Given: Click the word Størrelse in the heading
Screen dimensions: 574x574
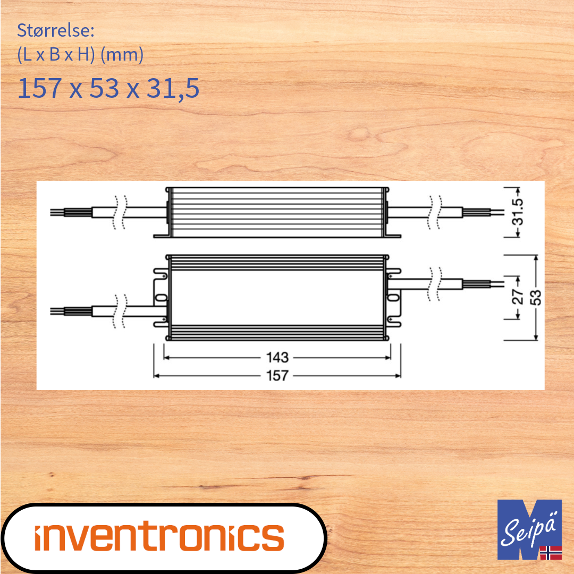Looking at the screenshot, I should click(x=55, y=30).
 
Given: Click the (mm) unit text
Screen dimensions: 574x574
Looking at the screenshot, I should click(x=122, y=55).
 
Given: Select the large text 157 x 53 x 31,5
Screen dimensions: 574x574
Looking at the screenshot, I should click(x=108, y=88).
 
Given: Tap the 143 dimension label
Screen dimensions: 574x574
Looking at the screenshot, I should click(x=277, y=358).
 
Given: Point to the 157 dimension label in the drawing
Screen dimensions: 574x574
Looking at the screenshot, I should click(x=277, y=375).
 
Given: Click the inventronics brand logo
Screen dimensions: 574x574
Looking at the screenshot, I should click(x=159, y=537).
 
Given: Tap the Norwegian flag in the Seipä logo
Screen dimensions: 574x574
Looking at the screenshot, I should click(x=551, y=552).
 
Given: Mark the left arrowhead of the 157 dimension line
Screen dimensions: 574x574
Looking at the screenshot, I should click(x=156, y=375).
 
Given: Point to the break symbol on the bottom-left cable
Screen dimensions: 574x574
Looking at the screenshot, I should click(x=121, y=311).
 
